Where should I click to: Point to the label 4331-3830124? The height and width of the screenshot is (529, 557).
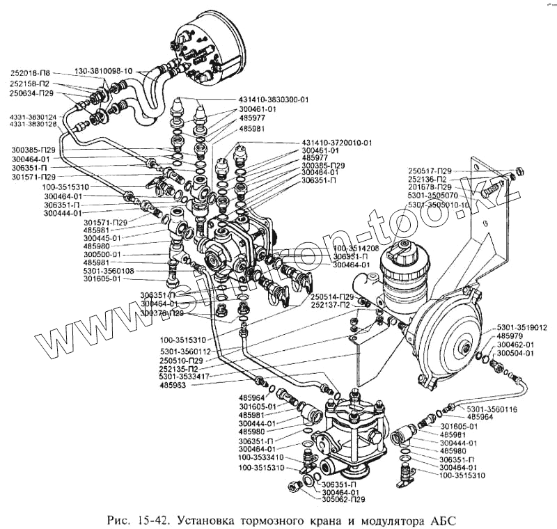(x=33, y=116)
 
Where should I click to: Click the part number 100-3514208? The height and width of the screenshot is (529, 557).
(x=356, y=248)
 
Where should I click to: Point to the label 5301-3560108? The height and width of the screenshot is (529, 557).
(x=109, y=271)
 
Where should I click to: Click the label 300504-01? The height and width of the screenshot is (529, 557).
(x=516, y=353)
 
